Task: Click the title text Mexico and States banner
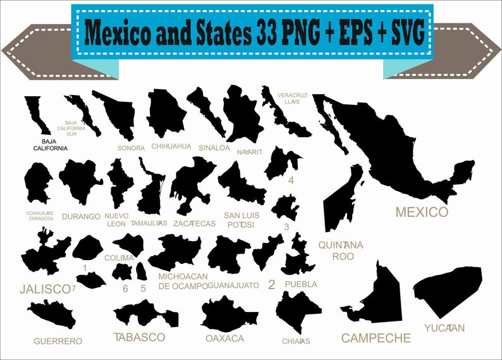pos(252,30)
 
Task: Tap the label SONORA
pos(131,148)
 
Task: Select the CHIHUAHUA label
pos(171,146)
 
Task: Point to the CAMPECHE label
pos(376,338)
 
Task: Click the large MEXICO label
pos(421,212)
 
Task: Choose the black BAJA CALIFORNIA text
pos(49,145)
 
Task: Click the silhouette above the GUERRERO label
pos(51,314)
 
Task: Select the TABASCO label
pos(139,337)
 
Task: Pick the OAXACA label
pos(224,338)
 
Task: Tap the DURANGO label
pos(81,216)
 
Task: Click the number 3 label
pos(286,227)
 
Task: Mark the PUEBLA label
pos(301,284)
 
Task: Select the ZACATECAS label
pos(194,223)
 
